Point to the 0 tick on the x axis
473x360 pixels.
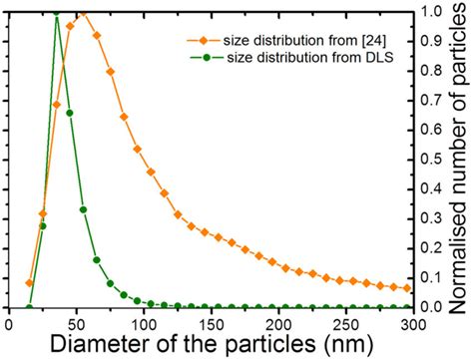pyautogui.click(x=9, y=320)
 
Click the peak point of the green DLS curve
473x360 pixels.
pyautogui.click(x=56, y=13)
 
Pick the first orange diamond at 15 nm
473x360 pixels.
pyautogui.click(x=29, y=283)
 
